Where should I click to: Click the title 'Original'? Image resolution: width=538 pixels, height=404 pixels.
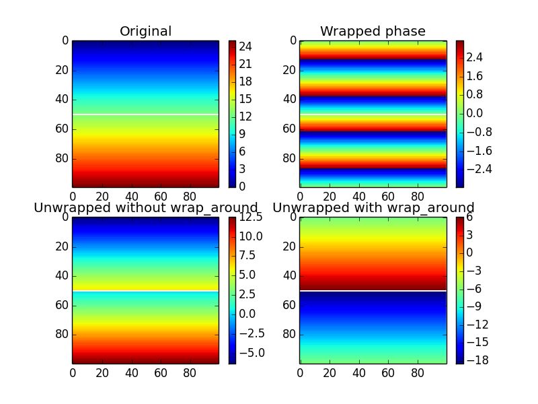[x=145, y=32]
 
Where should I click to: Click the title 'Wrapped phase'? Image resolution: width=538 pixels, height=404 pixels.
[x=373, y=32]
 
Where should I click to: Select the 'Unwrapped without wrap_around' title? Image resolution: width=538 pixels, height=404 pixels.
[x=146, y=207]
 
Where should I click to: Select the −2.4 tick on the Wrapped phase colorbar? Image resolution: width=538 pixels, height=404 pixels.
[x=476, y=168]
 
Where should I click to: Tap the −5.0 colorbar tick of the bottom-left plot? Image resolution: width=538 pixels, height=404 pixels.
[x=250, y=352]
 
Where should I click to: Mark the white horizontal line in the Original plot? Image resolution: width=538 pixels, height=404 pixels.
[x=145, y=114]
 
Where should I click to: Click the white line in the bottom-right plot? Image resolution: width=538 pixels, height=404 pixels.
[x=373, y=291]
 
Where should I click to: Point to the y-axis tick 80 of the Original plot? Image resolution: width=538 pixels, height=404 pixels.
[x=62, y=158]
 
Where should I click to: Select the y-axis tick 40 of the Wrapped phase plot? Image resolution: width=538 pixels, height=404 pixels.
[x=290, y=99]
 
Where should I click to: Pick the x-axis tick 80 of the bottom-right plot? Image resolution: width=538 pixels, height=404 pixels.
[x=417, y=371]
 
